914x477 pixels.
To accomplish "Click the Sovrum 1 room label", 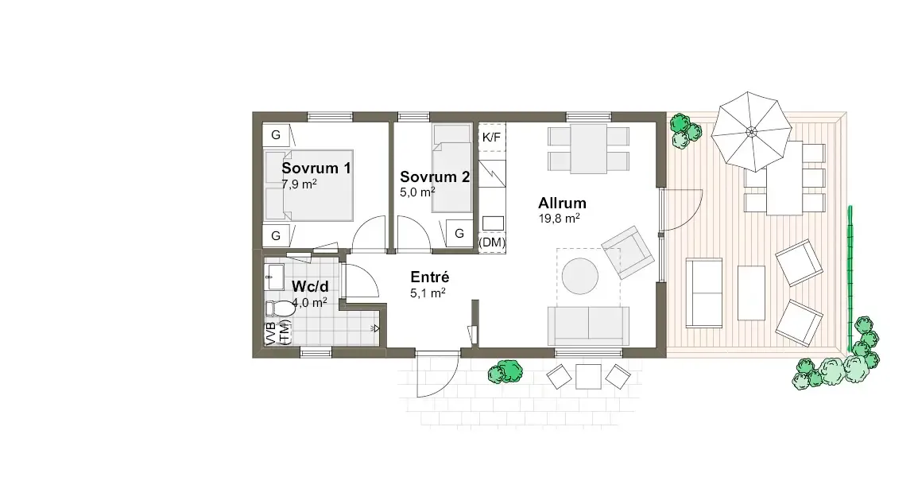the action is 316,168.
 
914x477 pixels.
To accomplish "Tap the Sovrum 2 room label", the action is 435,176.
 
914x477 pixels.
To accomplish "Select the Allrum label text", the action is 562,203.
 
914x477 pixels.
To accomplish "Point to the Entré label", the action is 430,277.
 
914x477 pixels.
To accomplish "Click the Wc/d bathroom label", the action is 310,286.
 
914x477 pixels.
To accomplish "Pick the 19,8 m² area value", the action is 559,218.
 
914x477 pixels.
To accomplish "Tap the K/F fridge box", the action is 492,138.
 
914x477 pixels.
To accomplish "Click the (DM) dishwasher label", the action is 492,242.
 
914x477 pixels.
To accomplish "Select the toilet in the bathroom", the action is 280,308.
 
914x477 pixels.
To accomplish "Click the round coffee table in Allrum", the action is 580,277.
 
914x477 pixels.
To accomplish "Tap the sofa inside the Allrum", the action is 588,325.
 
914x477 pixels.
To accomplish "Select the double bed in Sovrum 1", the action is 308,185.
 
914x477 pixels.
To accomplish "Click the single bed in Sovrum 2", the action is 451,169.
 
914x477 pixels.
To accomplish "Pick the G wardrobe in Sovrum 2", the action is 459,233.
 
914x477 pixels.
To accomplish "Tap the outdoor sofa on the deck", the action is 704,293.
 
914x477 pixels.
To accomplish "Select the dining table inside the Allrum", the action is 588,149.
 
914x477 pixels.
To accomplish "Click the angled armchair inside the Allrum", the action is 627,253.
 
